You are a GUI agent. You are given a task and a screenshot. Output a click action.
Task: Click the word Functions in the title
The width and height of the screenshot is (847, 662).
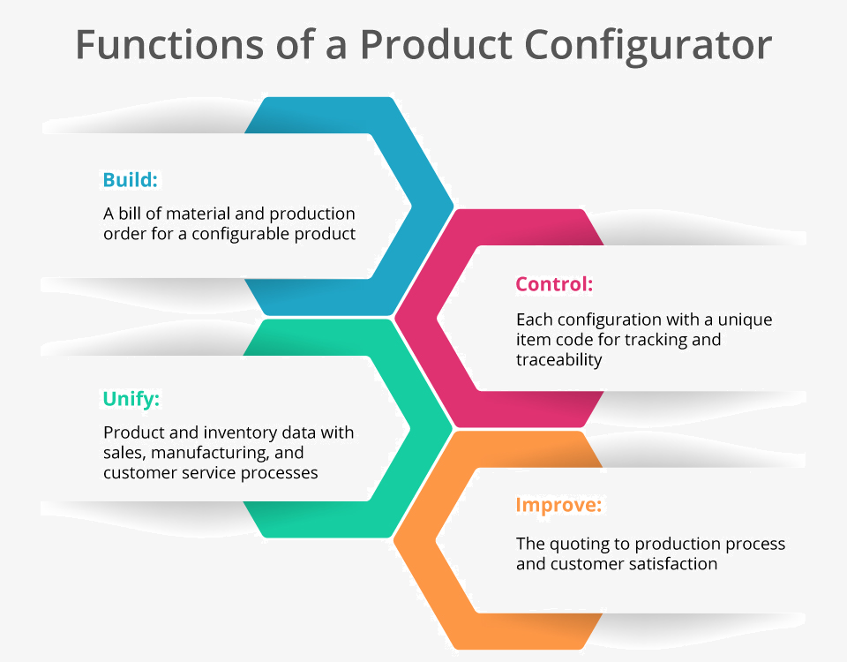[x=169, y=44]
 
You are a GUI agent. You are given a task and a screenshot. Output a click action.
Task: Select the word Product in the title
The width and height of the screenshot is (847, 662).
[x=436, y=44]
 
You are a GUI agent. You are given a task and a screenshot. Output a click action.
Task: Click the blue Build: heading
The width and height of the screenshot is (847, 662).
[x=131, y=179]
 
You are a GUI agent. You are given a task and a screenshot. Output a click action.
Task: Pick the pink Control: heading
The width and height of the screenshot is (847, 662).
[x=554, y=283]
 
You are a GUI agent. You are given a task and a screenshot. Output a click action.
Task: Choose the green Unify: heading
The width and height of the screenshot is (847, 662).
[x=131, y=399]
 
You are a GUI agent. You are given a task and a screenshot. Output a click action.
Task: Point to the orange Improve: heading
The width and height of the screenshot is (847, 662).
[x=558, y=505]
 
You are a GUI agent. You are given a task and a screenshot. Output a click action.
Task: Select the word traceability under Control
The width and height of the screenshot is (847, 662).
[x=559, y=360]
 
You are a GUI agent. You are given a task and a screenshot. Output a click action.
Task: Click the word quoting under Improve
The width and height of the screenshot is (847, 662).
[x=577, y=545]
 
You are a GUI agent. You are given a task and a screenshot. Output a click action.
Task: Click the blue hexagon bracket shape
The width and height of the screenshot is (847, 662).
[x=431, y=206]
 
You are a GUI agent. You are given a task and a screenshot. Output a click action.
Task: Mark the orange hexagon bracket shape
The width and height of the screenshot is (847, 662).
[x=416, y=540]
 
